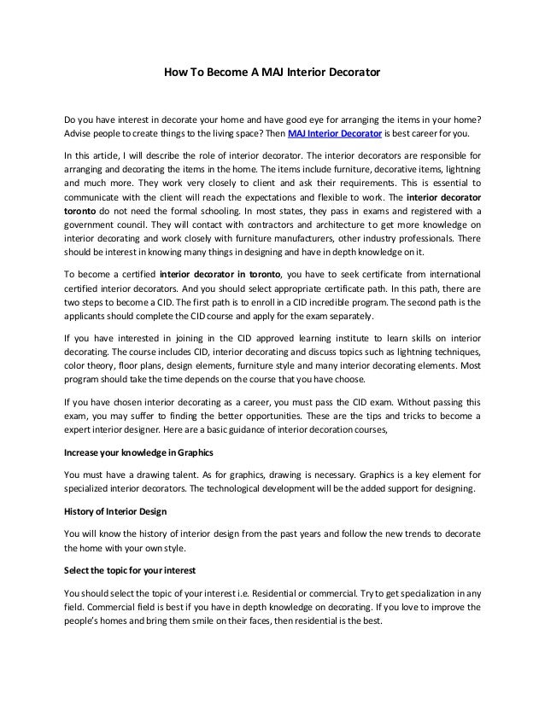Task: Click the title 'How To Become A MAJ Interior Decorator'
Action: [272, 74]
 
